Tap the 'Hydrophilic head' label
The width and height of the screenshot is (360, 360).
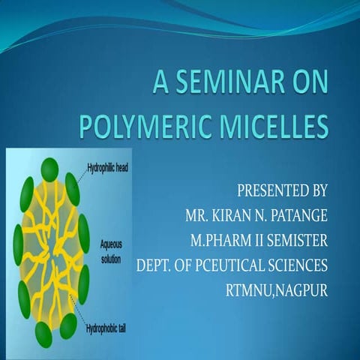coord(108,166)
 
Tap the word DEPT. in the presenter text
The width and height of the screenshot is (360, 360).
coord(155,265)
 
